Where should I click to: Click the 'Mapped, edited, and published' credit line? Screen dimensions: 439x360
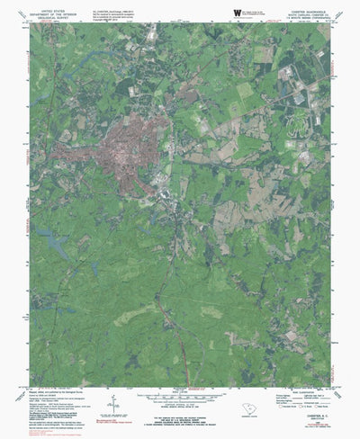click(x=54, y=390)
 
